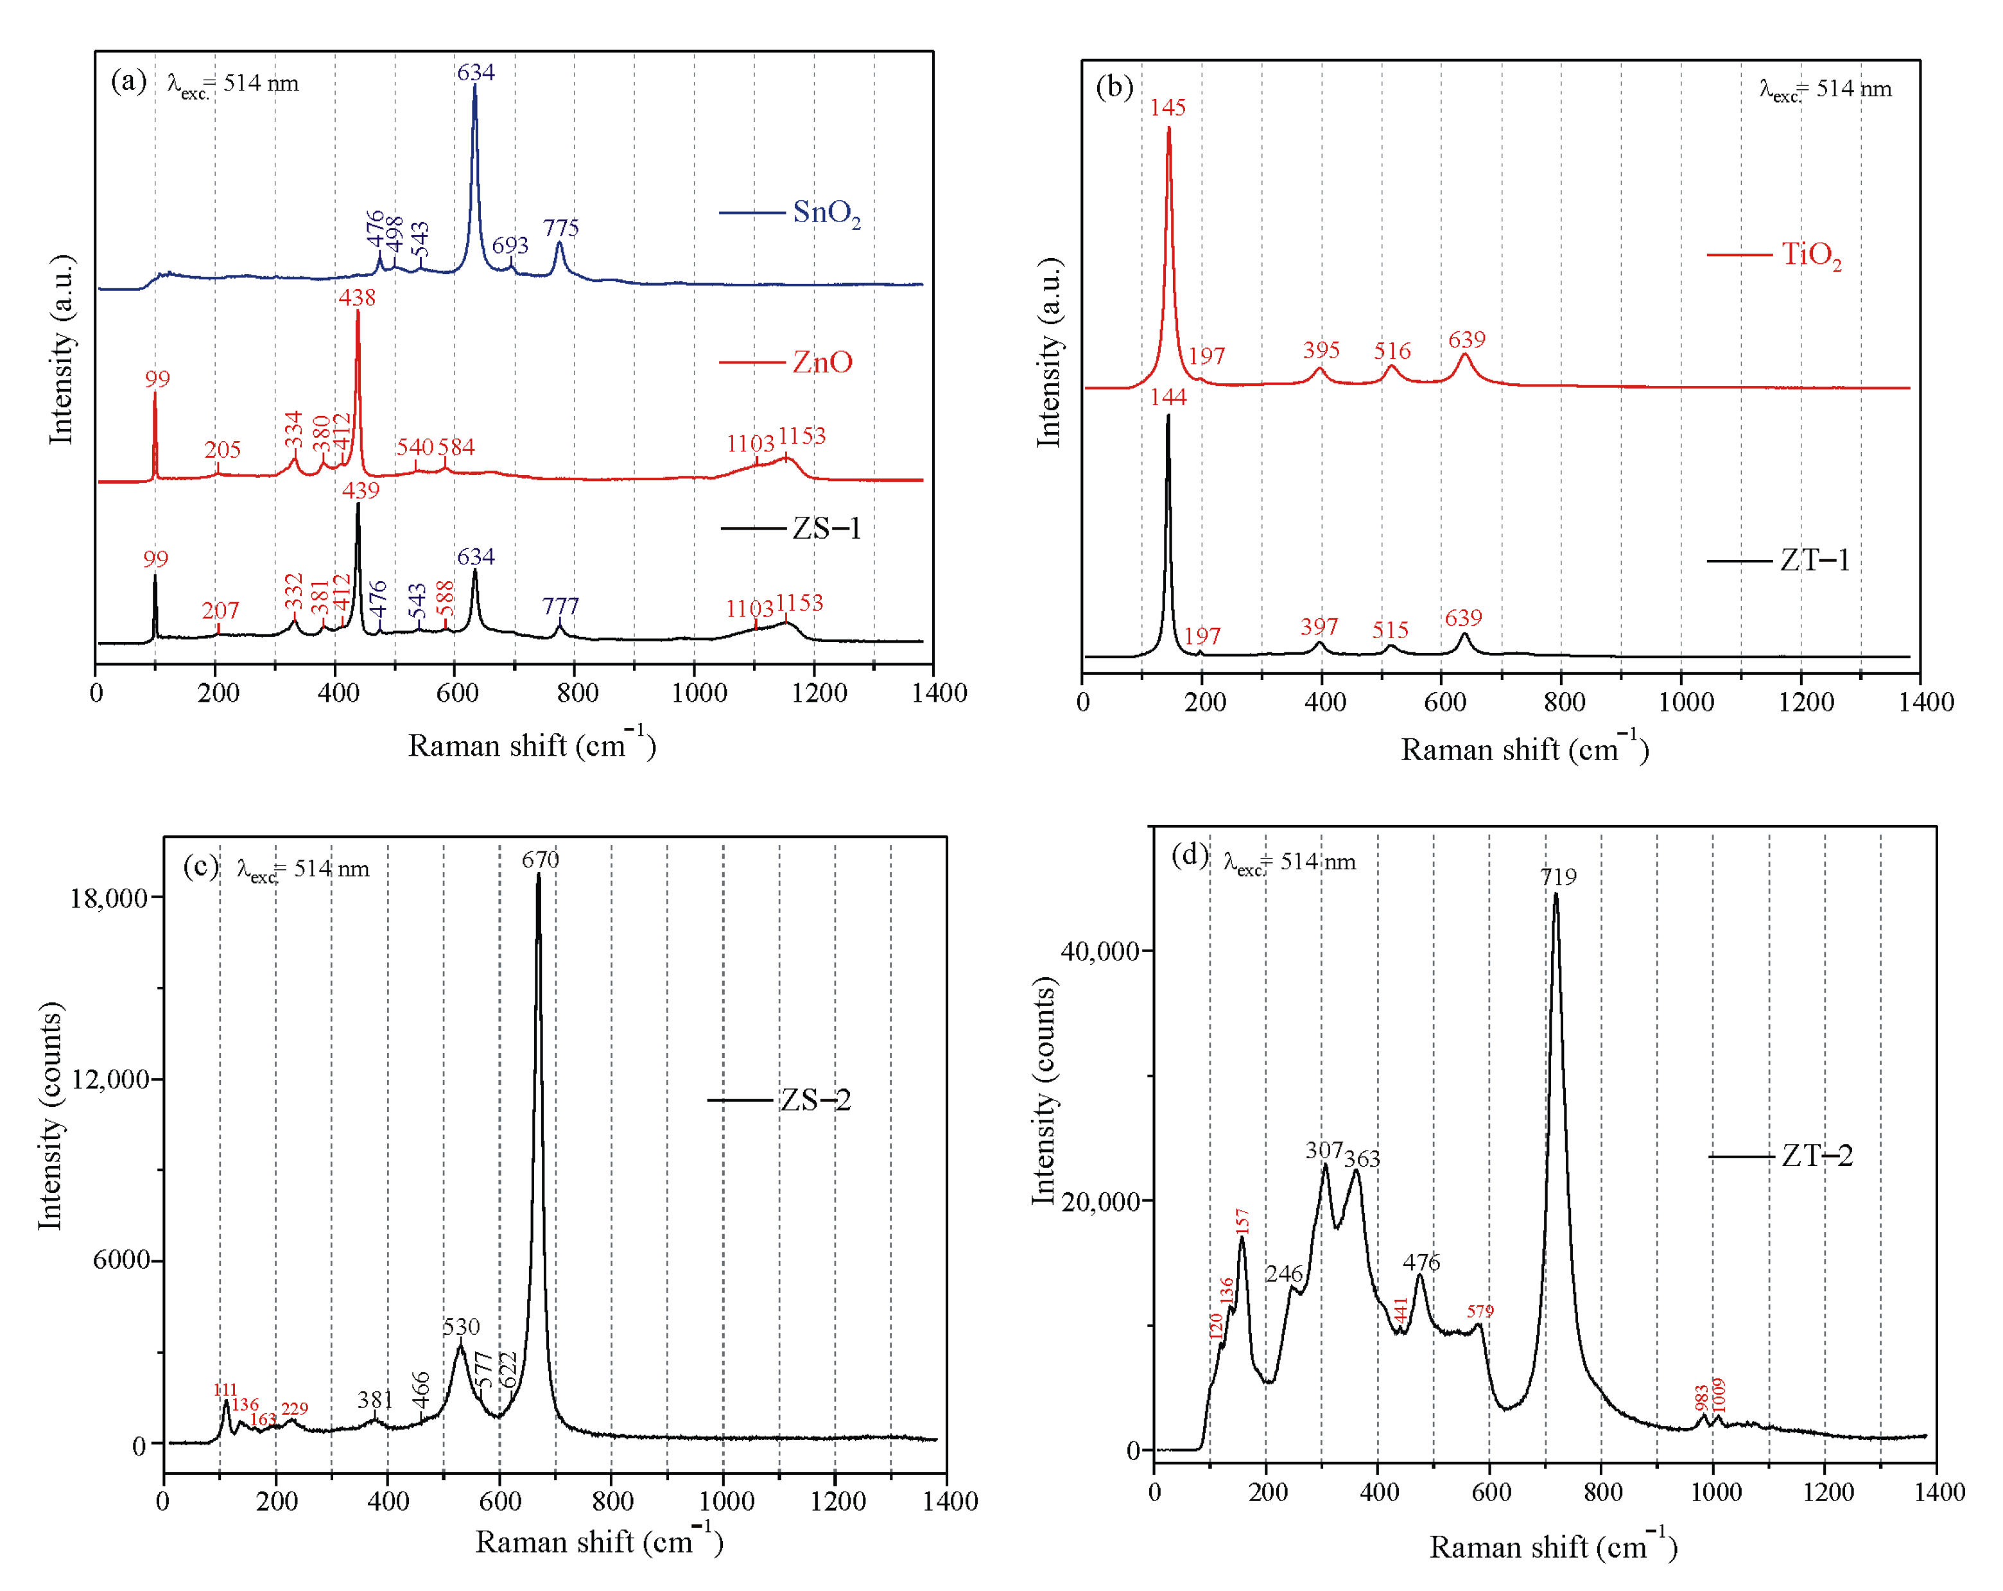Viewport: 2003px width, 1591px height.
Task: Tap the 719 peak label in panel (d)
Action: point(1558,876)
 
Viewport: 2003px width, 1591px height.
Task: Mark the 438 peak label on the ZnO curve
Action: point(357,297)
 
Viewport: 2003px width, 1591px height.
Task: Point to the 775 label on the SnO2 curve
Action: point(561,228)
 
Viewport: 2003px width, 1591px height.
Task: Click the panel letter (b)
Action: point(1114,87)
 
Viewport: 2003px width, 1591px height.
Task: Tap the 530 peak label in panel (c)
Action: point(461,1326)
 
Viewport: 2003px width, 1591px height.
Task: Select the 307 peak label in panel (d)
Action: point(1324,1151)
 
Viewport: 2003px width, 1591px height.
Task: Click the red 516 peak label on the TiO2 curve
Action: point(1392,351)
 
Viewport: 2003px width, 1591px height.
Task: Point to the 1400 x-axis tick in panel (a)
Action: point(939,692)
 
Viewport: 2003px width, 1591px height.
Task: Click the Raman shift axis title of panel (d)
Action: point(1552,1547)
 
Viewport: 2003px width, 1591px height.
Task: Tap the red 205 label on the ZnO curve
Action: point(222,450)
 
